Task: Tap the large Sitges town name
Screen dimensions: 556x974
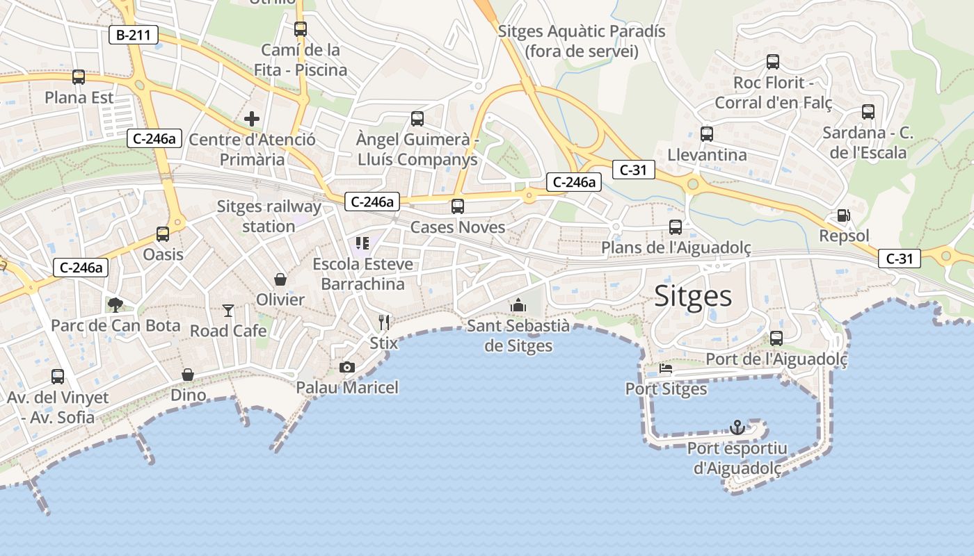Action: point(693,297)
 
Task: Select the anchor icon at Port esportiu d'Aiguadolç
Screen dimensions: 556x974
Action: point(737,427)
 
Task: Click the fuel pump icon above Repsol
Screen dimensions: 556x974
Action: point(843,216)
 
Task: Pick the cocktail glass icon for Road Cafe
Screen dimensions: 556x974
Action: point(228,310)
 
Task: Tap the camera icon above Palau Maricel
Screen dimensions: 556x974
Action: point(346,367)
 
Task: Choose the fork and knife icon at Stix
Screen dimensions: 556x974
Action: point(384,322)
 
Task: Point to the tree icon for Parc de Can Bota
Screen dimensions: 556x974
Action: point(115,304)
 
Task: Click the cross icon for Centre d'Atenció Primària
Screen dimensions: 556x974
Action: point(252,119)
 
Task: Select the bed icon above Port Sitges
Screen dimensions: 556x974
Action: point(666,368)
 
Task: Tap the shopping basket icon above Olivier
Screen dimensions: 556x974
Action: point(280,279)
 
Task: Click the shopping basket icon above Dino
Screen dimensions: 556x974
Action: point(188,375)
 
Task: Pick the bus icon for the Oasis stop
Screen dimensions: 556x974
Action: point(163,234)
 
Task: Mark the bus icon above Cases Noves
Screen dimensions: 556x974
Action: point(457,206)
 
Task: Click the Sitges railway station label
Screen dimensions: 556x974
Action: point(269,216)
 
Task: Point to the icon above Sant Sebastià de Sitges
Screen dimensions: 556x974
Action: point(518,305)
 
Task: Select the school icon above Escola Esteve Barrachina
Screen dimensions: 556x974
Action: point(362,243)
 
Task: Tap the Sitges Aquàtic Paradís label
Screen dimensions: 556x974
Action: point(582,41)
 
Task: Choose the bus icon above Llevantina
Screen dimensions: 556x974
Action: point(706,134)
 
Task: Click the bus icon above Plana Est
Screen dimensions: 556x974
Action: point(79,77)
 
